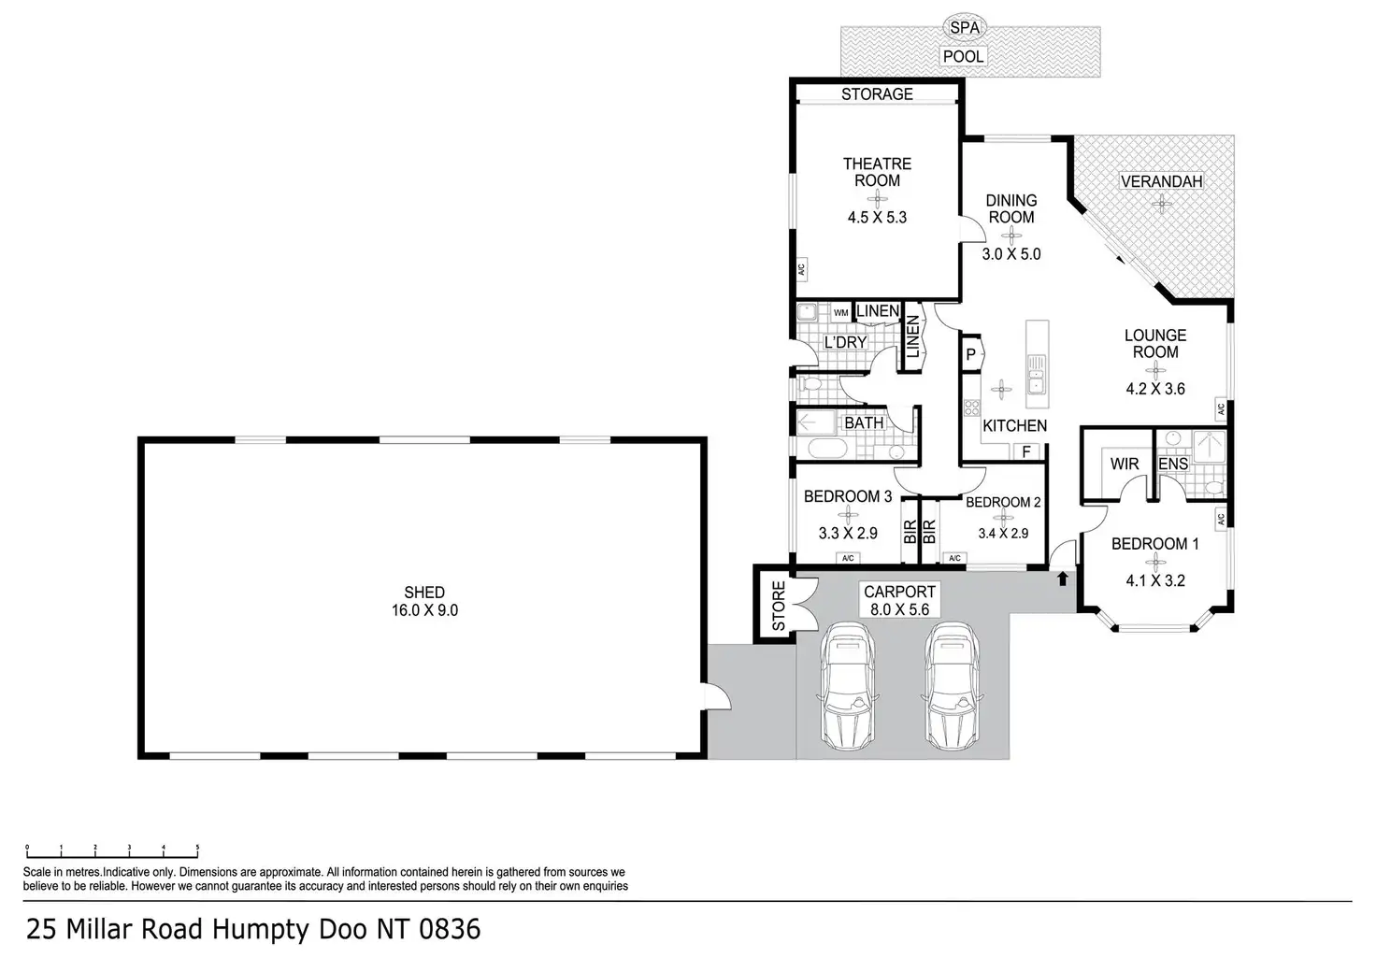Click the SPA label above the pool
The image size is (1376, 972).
(965, 28)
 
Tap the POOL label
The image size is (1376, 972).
(963, 56)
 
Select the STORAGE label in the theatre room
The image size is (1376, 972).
(877, 94)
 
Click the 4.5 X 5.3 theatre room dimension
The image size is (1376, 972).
(877, 218)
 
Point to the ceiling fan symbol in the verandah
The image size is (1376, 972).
(1161, 204)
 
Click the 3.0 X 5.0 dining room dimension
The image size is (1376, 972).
(1011, 254)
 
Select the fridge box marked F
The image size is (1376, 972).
(1025, 452)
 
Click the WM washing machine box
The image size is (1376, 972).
(841, 312)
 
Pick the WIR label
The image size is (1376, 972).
(1125, 465)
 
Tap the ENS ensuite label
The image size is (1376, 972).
(1173, 465)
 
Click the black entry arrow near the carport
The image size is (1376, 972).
(1063, 579)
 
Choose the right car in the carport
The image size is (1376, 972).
(953, 686)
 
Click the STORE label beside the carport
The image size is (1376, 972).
(779, 606)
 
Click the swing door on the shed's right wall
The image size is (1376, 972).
(718, 697)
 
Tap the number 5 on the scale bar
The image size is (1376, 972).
(197, 848)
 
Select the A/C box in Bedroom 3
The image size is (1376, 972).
(848, 558)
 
